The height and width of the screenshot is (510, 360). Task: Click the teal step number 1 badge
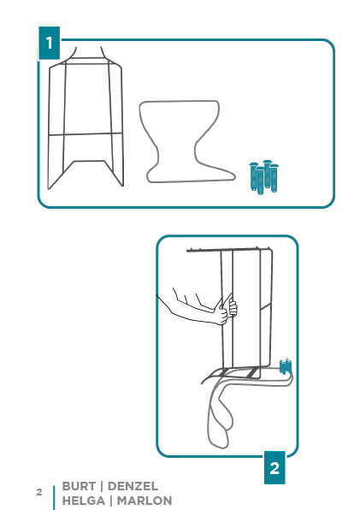pyautogui.click(x=49, y=43)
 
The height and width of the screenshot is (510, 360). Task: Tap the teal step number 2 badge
pyautogui.click(x=274, y=467)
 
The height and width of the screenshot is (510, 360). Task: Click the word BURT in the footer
pyautogui.click(x=79, y=486)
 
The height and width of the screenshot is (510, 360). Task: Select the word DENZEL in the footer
pyautogui.click(x=133, y=486)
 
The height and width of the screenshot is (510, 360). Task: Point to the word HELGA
pyautogui.click(x=84, y=501)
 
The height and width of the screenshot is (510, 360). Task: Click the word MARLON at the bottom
pyautogui.click(x=145, y=501)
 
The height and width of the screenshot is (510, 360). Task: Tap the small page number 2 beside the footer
pyautogui.click(x=39, y=492)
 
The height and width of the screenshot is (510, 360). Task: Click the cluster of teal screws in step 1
pyautogui.click(x=264, y=177)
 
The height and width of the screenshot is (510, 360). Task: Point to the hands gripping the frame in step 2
pyautogui.click(x=227, y=311)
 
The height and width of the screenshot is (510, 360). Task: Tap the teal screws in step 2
pyautogui.click(x=286, y=366)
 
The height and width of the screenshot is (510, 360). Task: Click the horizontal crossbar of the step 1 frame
pyautogui.click(x=86, y=133)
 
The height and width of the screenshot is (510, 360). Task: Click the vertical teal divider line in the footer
pyautogui.click(x=54, y=498)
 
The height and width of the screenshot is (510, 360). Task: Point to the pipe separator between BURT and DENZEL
pyautogui.click(x=102, y=487)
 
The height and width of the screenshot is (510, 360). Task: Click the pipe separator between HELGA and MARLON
pyautogui.click(x=111, y=501)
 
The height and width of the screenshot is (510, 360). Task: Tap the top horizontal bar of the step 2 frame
pyautogui.click(x=228, y=250)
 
